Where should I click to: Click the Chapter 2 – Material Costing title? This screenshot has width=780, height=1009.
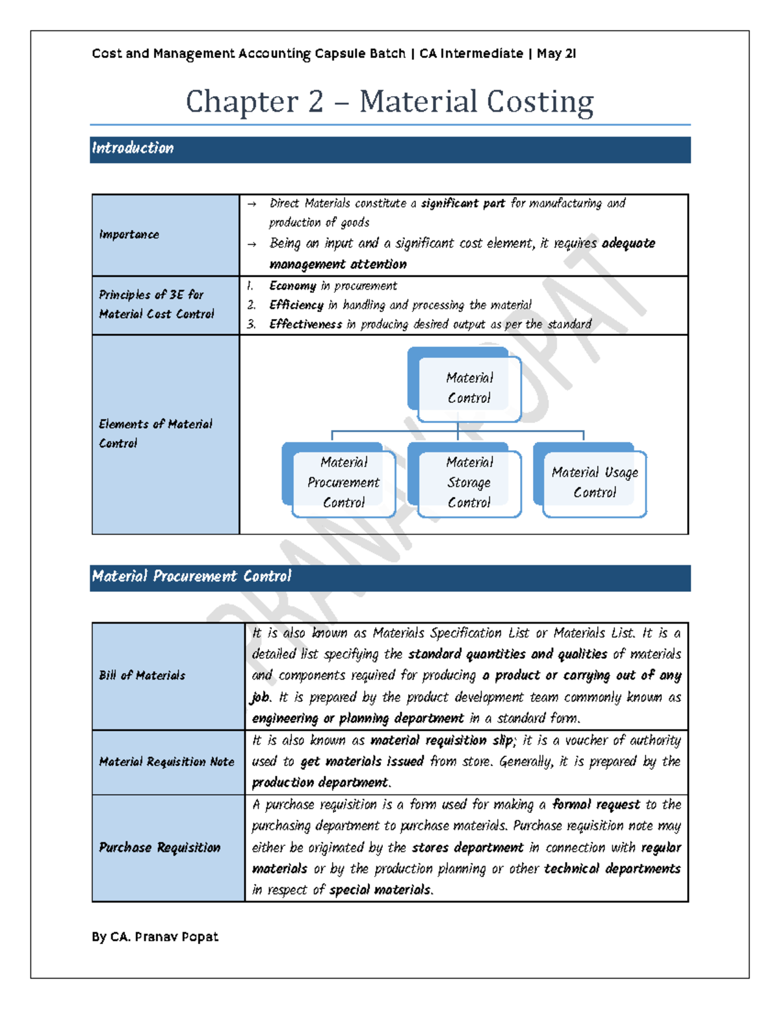coord(389,101)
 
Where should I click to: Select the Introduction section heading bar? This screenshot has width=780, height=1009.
coord(390,149)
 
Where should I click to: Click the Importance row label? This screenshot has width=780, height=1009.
coord(129,235)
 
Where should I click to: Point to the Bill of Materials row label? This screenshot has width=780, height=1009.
coord(142,676)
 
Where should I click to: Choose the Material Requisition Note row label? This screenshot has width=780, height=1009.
coord(166,761)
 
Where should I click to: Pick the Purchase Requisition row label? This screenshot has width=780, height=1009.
coord(159,847)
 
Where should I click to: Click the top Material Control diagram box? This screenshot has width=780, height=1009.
coord(469,388)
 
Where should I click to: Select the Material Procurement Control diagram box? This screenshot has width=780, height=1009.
coord(343,482)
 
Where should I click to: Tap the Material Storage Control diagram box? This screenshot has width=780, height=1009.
coord(469,482)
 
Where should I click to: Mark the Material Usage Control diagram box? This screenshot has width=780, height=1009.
coord(594,482)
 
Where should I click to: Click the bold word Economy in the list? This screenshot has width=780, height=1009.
coord(292,286)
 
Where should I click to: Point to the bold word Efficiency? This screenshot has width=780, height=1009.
coord(296,305)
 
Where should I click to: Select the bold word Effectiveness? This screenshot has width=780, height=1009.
coord(305,324)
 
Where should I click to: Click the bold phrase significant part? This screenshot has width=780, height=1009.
coord(463,203)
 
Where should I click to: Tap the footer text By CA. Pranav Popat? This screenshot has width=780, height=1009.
coord(155,937)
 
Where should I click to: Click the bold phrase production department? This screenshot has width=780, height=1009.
coord(320,782)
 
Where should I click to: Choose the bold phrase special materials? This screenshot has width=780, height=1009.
coord(380,890)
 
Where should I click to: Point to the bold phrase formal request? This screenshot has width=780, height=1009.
coord(595,804)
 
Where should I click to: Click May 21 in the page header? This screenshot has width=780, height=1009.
coord(556,54)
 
